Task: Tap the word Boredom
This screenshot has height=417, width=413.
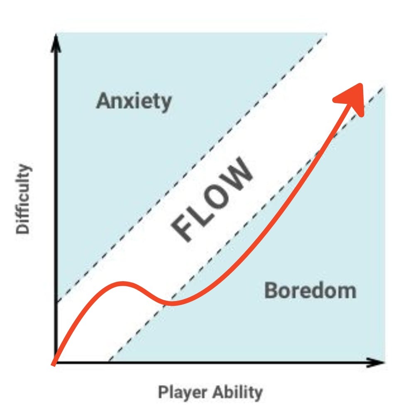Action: [310, 291]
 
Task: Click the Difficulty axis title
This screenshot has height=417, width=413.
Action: [23, 199]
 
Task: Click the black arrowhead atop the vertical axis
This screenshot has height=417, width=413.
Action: [56, 43]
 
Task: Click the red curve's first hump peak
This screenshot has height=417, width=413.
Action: [122, 284]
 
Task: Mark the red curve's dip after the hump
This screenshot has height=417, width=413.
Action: [172, 303]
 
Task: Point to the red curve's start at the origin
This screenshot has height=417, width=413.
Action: [53, 364]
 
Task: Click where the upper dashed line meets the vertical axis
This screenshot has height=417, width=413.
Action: [57, 302]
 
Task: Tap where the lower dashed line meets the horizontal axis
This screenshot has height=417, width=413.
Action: [109, 361]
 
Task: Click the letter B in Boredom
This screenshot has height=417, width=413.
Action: [271, 291]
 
